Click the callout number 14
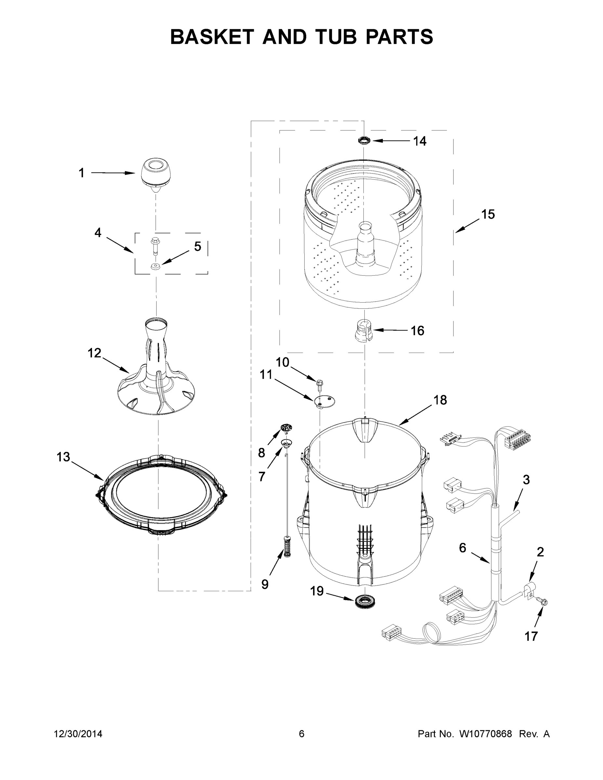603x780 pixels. (x=420, y=141)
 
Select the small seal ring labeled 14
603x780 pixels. (x=364, y=140)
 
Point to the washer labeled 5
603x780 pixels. (x=155, y=266)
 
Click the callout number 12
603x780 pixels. (x=94, y=353)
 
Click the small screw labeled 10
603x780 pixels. (x=320, y=383)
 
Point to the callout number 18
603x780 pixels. (x=440, y=400)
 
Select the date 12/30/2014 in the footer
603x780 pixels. (x=78, y=734)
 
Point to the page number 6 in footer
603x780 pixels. (x=302, y=734)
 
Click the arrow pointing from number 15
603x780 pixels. (x=466, y=226)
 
